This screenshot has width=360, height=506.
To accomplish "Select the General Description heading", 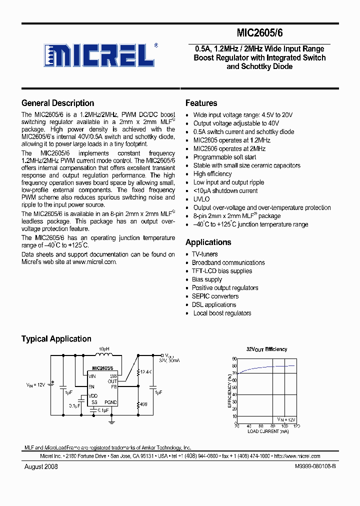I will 57,103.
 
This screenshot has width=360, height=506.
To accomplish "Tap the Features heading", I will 201,103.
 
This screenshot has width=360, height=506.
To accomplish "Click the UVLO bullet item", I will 201,199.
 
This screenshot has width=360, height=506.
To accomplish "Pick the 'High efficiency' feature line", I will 212,174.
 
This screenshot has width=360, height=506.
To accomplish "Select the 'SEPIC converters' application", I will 215,296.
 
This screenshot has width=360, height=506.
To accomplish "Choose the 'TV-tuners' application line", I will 205,254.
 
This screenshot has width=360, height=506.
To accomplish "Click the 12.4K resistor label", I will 145,372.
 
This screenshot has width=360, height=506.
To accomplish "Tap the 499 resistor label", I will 143,404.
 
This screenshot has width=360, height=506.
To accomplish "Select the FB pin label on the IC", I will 113,386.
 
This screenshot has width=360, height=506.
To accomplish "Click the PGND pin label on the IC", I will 110,402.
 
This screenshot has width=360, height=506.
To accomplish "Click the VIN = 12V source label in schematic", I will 35,384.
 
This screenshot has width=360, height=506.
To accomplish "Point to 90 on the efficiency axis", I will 234,359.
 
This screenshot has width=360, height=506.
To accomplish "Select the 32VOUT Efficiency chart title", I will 266,349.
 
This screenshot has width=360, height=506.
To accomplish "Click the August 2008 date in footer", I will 41,466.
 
